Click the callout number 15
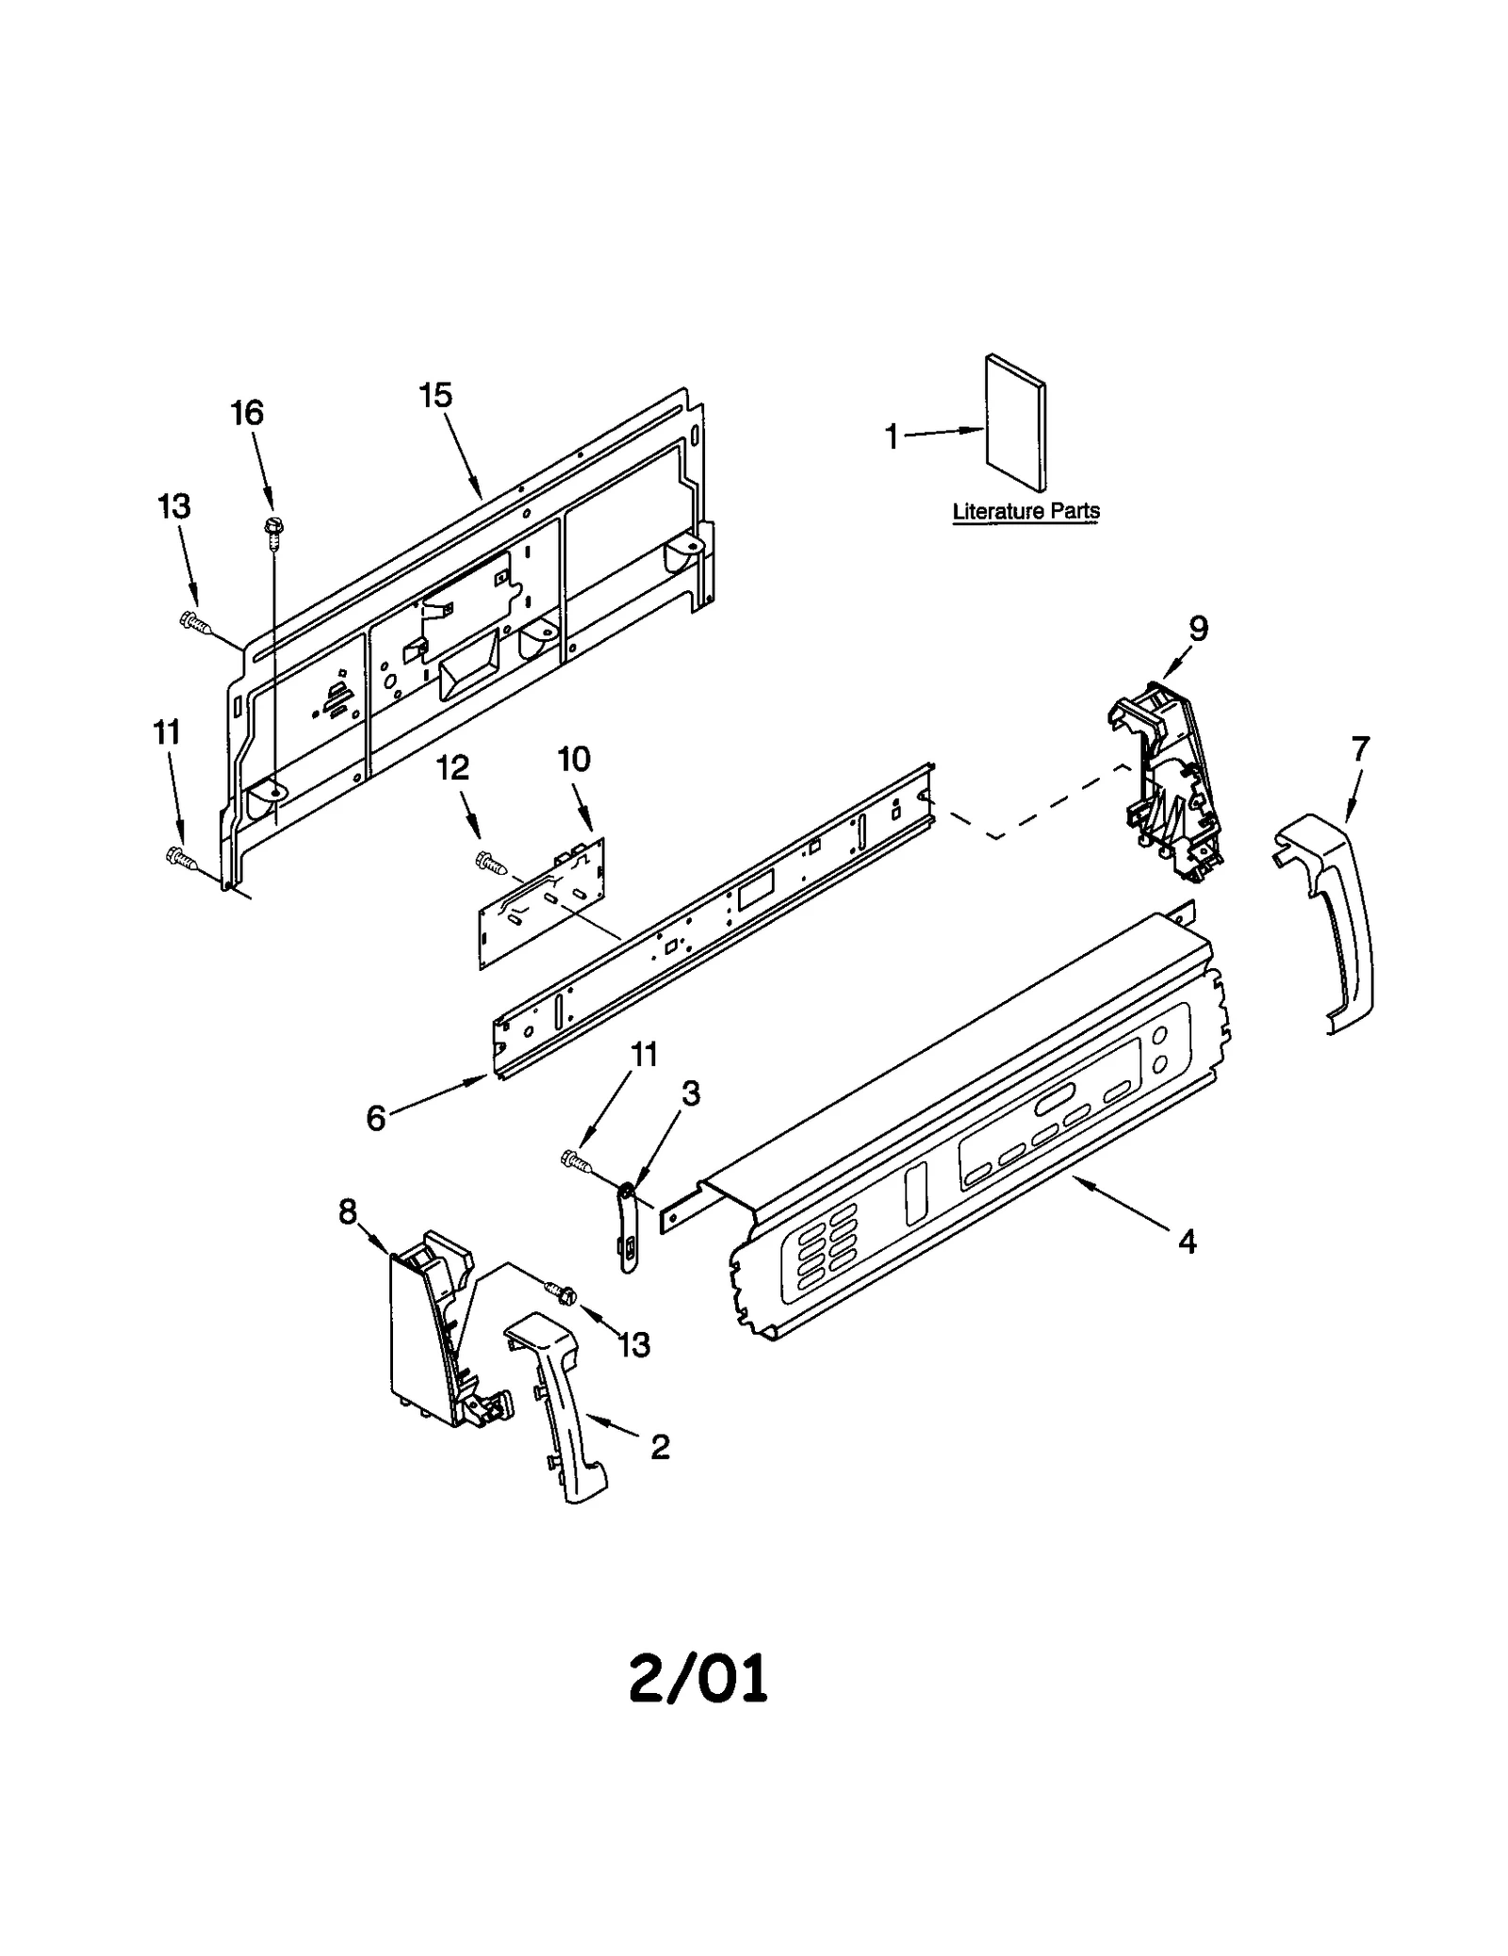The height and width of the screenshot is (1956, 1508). coord(435,396)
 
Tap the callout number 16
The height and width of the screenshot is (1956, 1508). coord(247,413)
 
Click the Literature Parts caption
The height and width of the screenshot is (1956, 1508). coord(1025,512)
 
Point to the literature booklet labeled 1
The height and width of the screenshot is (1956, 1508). coord(1016,422)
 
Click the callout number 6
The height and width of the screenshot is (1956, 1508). coord(376,1118)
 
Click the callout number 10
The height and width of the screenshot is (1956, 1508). coord(574,759)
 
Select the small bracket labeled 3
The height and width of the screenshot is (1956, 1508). coord(627,1225)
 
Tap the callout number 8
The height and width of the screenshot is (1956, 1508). coord(348,1212)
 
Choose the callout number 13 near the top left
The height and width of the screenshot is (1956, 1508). coord(175,507)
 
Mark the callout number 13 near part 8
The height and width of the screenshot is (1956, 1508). coord(635,1345)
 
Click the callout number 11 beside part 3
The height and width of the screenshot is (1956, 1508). coord(644,1055)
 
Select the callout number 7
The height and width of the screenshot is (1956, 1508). coord(1360,749)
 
